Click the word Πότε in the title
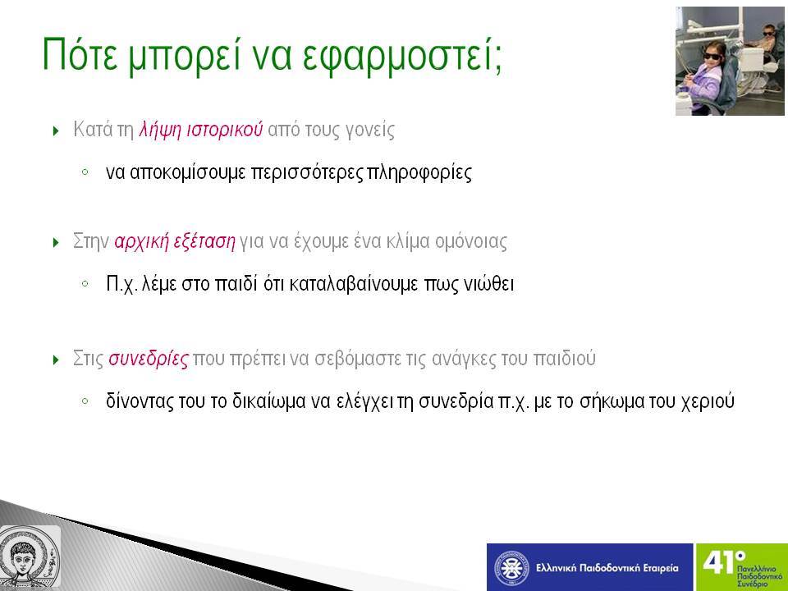(x=80, y=54)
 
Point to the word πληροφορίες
(x=419, y=173)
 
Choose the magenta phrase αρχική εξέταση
(x=175, y=241)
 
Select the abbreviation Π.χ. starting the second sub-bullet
(x=121, y=285)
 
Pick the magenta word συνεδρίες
(x=149, y=360)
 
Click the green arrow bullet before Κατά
(x=56, y=131)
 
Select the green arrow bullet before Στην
(x=56, y=243)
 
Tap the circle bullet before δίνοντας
(x=85, y=401)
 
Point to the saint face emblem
(x=28, y=557)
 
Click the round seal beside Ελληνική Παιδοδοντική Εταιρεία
(x=511, y=568)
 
